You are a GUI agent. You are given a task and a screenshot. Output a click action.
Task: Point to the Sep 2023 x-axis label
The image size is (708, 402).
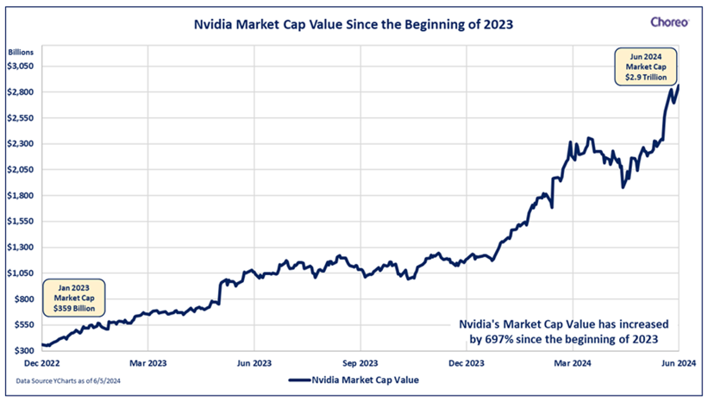(360, 364)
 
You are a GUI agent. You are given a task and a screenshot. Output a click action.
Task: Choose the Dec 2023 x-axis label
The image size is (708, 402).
(467, 364)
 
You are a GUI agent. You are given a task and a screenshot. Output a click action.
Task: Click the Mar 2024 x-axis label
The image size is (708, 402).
(573, 364)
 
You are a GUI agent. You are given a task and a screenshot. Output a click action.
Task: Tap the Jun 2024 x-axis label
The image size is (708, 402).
(676, 364)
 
